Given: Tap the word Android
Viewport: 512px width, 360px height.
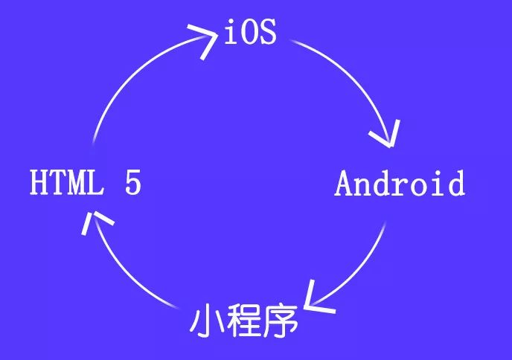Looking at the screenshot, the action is pos(400,183).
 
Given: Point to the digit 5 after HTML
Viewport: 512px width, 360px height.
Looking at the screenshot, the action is pos(132,183).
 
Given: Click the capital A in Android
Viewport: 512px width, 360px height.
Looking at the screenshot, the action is pos(344,183).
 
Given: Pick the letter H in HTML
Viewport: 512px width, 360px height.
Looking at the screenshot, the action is pos(39,183).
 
